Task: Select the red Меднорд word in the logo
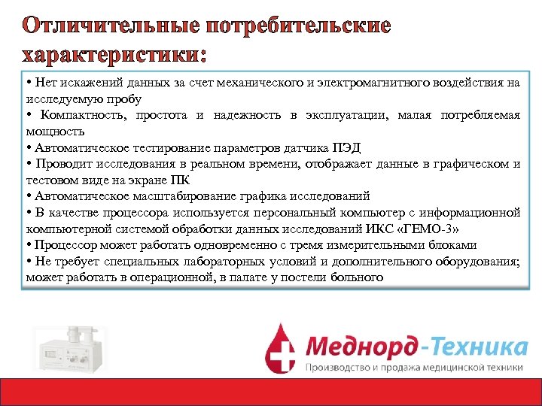point(361,347)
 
